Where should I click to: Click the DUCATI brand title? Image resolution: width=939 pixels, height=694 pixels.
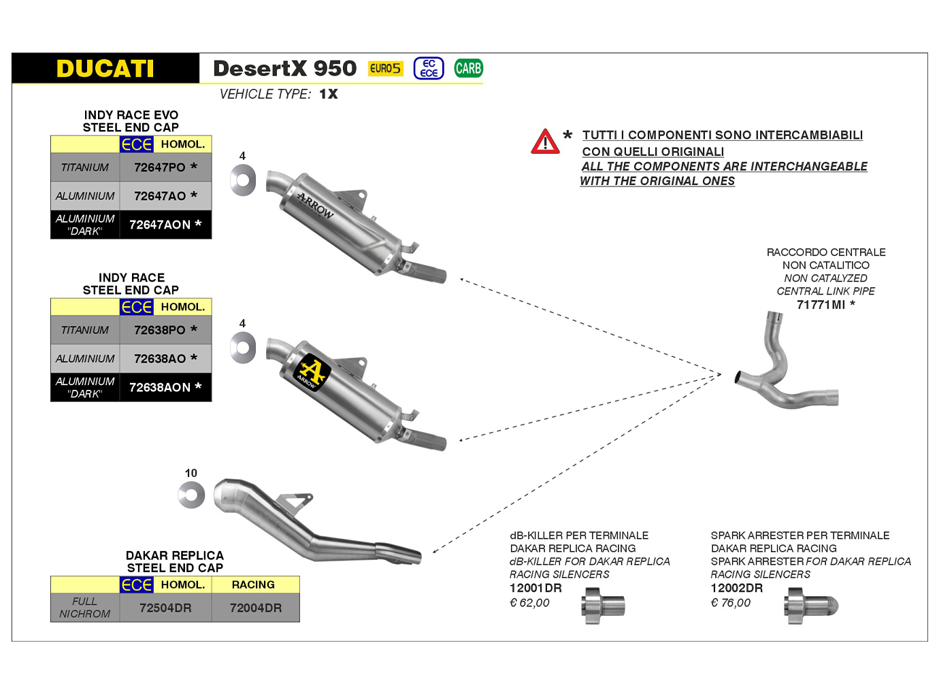(x=105, y=69)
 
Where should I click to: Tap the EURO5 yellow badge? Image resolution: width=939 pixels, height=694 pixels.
(x=385, y=69)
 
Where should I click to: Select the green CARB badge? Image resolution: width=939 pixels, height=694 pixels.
(x=468, y=68)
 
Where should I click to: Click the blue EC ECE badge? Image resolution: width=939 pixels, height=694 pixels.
(x=429, y=68)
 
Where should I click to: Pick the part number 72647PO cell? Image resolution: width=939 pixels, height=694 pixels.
(x=165, y=167)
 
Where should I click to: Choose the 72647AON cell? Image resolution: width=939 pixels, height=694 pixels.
(x=165, y=225)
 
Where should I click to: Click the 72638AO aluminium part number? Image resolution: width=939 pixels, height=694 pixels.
(x=165, y=359)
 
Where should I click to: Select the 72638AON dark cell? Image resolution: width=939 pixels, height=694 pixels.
(x=165, y=387)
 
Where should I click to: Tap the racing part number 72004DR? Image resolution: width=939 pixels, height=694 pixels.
(x=255, y=608)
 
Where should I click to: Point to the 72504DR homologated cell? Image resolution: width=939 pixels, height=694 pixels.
(x=165, y=608)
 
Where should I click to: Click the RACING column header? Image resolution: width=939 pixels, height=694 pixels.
(x=253, y=584)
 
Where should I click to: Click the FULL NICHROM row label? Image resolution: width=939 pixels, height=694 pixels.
(x=85, y=608)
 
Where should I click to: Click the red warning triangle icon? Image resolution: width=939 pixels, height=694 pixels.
(x=545, y=142)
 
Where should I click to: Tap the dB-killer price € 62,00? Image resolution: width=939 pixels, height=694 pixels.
(x=529, y=603)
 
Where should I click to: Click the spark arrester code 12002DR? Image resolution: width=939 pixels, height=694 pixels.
(x=736, y=589)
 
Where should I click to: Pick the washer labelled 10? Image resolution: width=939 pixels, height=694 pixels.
(x=191, y=495)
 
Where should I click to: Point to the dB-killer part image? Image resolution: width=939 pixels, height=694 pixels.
(x=603, y=606)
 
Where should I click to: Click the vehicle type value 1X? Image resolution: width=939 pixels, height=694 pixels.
(x=329, y=94)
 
